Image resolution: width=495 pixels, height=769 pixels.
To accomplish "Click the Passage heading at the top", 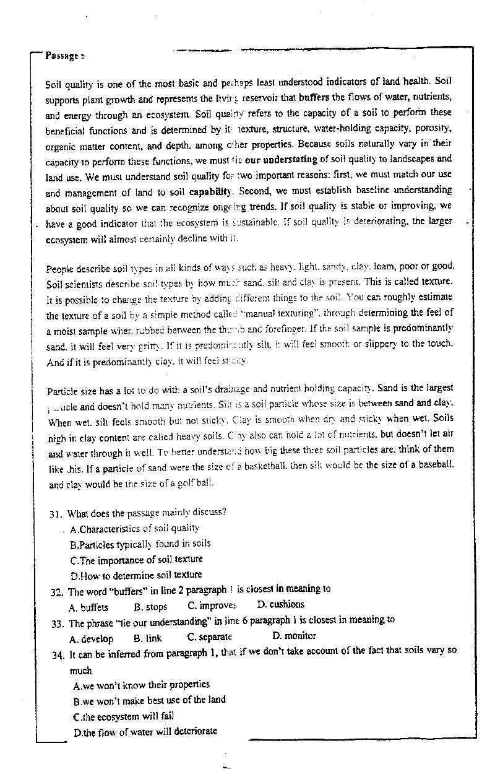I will coord(64,55).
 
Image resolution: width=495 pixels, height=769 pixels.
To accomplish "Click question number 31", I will coord(57,513).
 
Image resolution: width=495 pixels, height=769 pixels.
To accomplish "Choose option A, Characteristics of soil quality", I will coord(135,528).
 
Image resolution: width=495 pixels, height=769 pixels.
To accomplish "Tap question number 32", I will coord(58,591).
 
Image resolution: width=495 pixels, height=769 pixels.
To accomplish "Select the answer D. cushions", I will coord(281,604).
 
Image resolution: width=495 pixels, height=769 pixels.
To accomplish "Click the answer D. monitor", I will coord(294,636).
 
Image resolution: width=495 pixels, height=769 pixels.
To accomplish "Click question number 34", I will coord(59,653).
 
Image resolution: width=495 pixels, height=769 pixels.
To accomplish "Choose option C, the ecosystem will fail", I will coord(123,716).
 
